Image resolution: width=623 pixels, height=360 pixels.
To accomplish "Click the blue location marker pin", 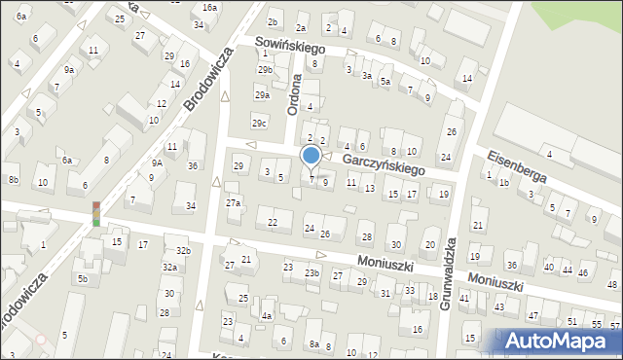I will [311, 156].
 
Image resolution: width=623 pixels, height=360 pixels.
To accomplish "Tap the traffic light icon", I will [96, 213].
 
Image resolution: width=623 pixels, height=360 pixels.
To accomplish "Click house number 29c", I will [259, 123].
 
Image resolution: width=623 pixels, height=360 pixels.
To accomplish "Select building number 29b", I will [265, 70].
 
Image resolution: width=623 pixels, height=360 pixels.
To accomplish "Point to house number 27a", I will [234, 202].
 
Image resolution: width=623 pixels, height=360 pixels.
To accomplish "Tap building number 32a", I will [169, 267].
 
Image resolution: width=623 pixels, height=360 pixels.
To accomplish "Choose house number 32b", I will [183, 251].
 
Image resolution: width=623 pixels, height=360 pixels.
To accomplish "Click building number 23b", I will [311, 273].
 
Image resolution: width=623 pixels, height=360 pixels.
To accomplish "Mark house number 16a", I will [209, 7].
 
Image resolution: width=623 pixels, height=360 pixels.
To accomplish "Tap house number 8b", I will [13, 180].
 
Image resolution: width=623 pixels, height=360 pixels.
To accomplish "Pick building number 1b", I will [504, 182].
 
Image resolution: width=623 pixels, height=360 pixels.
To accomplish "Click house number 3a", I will [367, 75].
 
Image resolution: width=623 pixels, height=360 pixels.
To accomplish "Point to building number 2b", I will [274, 21].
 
